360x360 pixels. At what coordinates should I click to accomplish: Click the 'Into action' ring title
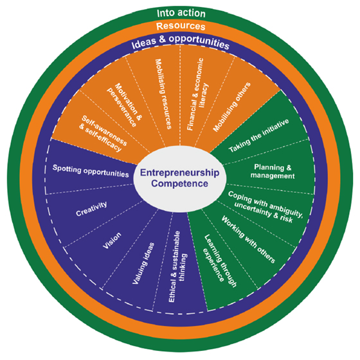[x=181, y=13]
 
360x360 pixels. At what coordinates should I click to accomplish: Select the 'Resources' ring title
[x=181, y=26]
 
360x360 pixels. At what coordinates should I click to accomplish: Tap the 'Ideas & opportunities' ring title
[x=181, y=42]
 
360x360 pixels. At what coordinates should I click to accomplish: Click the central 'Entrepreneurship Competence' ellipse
[x=180, y=179]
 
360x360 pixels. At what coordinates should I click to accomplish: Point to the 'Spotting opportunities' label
[x=91, y=171]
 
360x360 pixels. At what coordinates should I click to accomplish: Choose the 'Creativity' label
[x=91, y=209]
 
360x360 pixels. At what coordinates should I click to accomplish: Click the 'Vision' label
[x=112, y=240]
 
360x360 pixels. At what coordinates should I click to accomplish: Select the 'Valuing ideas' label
[x=143, y=264]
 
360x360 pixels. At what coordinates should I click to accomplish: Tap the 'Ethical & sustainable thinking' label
[x=177, y=267]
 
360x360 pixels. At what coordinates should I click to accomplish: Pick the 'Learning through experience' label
[x=220, y=260]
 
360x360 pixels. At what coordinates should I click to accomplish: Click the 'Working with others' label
[x=248, y=239]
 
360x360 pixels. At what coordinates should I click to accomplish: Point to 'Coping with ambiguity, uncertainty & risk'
[x=265, y=207]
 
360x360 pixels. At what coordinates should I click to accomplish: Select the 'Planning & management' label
[x=273, y=171]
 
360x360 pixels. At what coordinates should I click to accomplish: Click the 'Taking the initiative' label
[x=258, y=136]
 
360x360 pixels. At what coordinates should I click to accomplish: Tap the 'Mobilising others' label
[x=231, y=107]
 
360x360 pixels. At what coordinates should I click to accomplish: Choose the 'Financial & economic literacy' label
[x=198, y=94]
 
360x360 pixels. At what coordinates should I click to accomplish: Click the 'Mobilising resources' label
[x=163, y=94]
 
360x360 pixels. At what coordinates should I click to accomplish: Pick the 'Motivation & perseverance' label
[x=125, y=105]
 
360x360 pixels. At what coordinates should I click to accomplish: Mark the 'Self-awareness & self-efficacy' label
[x=103, y=134]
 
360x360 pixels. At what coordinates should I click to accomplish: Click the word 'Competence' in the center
[x=180, y=184]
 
